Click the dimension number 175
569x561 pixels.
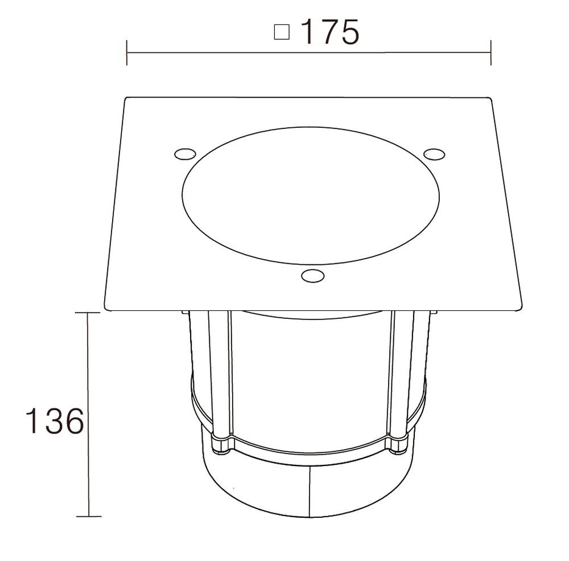coord(330,32)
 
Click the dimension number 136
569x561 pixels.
coord(55,421)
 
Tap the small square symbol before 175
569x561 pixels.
coord(282,32)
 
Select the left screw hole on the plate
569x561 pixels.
coord(185,154)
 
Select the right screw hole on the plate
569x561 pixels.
coord(434,154)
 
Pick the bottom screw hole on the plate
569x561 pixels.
coord(313,276)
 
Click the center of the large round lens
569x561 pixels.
coord(311,196)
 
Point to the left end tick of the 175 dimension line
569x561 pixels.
coord(127,53)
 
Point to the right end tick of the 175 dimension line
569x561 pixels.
coord(490,53)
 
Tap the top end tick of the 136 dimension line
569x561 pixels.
coord(87,312)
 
